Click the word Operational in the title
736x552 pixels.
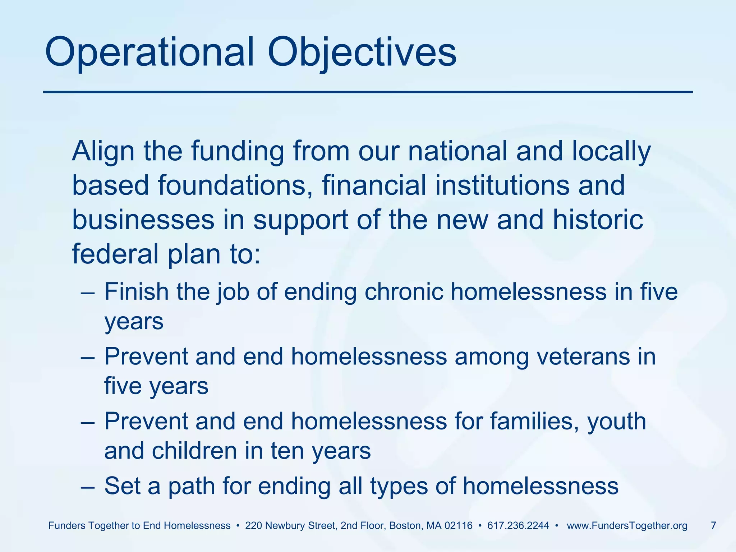pyautogui.click(x=149, y=53)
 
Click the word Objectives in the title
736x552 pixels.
pyautogui.click(x=362, y=53)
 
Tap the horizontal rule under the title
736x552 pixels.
pyautogui.click(x=368, y=92)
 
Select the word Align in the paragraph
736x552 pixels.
pyautogui.click(x=103, y=151)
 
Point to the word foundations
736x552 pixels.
pyautogui.click(x=234, y=185)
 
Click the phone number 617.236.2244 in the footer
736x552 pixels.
pyautogui.click(x=518, y=526)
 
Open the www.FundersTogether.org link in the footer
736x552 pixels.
pyautogui.click(x=627, y=526)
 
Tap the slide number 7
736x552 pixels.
pyautogui.click(x=713, y=526)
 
